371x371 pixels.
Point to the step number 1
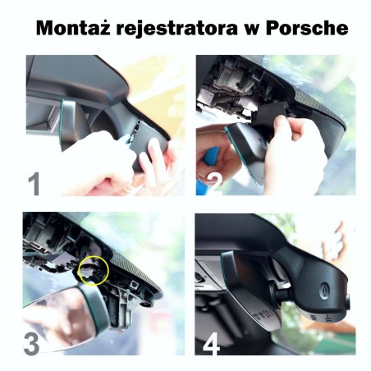34,182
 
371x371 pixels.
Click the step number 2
210,182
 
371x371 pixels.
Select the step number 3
31,343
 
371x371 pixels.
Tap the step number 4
211,342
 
